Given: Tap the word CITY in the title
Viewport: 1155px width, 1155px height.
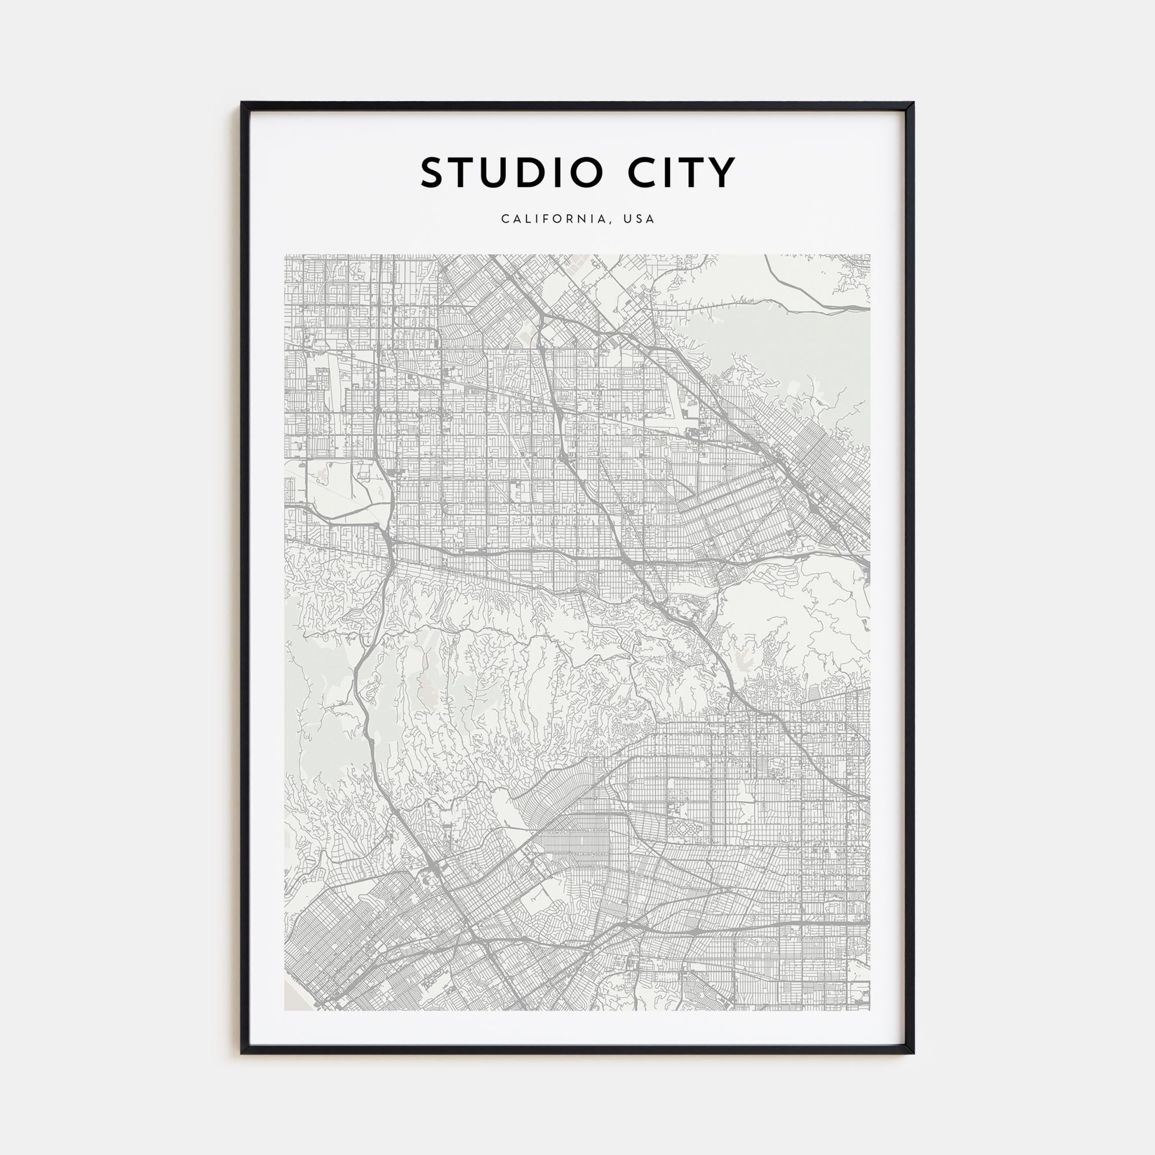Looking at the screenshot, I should coord(681,173).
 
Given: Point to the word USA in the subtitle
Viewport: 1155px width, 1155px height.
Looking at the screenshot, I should coord(639,219).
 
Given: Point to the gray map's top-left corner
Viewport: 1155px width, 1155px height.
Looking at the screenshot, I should coord(285,255).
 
